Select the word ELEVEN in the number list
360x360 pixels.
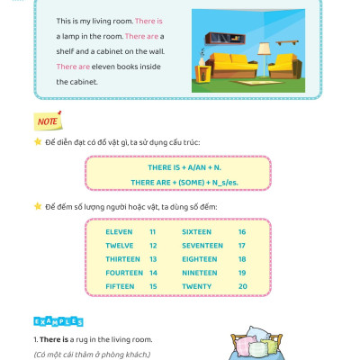[x=118, y=231]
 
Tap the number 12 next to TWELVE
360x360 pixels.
[x=153, y=245]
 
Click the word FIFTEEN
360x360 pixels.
[x=120, y=285]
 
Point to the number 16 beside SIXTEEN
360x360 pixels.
[x=242, y=231]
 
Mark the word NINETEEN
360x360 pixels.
[x=199, y=272]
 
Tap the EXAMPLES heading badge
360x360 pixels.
[x=58, y=321]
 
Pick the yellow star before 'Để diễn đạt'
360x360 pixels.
[x=37, y=142]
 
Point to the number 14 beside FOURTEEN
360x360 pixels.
[x=153, y=272]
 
